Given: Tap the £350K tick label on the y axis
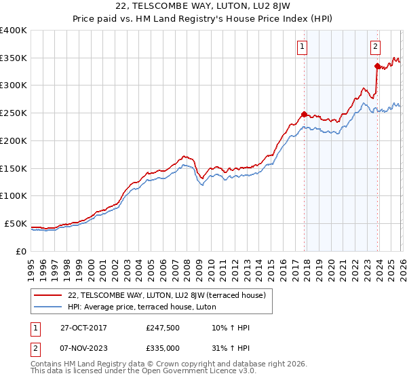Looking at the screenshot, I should point(14,58).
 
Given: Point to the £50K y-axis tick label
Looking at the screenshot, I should point(16,223).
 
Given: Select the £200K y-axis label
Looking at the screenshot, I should point(14,141).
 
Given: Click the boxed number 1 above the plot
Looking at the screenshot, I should point(301,47).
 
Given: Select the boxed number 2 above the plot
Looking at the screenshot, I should point(375,47).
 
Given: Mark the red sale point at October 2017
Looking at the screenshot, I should point(304,114).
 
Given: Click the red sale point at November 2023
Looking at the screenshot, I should point(377,66).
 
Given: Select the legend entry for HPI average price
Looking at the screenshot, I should point(141,307).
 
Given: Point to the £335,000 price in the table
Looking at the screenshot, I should point(163,347).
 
